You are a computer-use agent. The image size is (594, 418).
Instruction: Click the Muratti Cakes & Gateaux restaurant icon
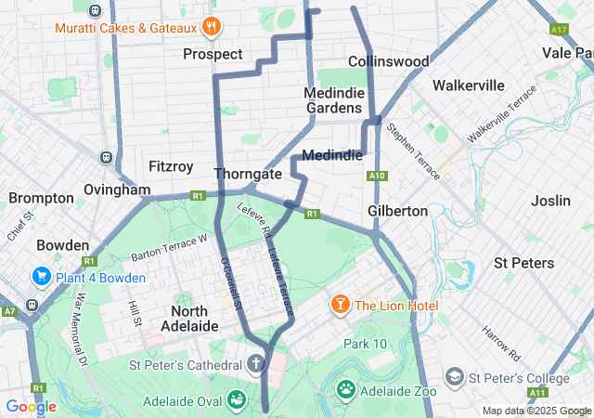[212, 27]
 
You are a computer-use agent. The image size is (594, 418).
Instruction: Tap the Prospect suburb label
[213, 54]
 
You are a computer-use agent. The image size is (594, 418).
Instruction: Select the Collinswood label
[388, 61]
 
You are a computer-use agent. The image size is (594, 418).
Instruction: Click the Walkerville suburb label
[469, 85]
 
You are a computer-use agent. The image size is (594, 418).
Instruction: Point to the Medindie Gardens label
[333, 100]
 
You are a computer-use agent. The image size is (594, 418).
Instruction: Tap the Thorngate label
[247, 174]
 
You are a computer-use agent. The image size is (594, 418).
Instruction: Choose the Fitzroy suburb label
[171, 167]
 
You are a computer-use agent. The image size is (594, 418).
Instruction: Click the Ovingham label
[116, 189]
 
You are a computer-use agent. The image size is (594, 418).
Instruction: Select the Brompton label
[41, 198]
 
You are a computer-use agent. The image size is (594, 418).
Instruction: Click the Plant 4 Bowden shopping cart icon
[41, 277]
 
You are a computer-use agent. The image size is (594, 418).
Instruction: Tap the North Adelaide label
[195, 318]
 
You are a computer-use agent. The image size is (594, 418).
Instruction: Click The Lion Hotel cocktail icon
[341, 305]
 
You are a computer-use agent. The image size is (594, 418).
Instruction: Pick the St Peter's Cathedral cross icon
[257, 363]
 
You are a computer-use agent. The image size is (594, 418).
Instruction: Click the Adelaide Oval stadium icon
[237, 399]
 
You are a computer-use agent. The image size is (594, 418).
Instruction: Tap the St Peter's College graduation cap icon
[455, 377]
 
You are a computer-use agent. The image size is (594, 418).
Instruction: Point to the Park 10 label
[365, 344]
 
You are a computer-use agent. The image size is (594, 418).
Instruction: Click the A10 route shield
[376, 176]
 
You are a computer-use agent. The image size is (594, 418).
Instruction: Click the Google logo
[31, 407]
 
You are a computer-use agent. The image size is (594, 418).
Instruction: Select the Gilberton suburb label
[397, 211]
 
